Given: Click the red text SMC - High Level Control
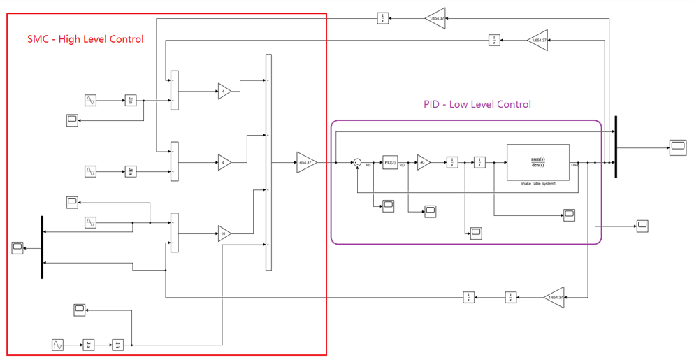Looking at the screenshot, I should (85, 39).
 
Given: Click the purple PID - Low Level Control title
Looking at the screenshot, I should (477, 104).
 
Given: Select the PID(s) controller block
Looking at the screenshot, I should (390, 163).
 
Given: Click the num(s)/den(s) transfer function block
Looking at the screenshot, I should (538, 163).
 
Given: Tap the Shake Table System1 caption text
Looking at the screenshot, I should (537, 184).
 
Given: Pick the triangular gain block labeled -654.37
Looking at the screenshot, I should (306, 162).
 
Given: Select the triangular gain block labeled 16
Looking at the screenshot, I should (224, 234).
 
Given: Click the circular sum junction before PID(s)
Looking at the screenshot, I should (357, 163).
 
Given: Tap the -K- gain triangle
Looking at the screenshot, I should (424, 163).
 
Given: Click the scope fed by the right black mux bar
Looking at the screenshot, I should (678, 146).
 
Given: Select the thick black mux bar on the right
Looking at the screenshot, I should (616, 147).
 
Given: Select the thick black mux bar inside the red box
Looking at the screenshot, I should (42, 247).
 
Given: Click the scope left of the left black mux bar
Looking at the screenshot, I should (18, 247).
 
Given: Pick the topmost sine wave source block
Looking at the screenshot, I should (90, 101).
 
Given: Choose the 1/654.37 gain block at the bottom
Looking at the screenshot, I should (554, 297).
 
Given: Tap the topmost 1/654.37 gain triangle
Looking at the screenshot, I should (435, 18).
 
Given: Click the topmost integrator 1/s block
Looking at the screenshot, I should (383, 18).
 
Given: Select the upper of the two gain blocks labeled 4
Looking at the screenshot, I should (224, 92).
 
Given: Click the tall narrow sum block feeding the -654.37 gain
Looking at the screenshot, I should (268, 162).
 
